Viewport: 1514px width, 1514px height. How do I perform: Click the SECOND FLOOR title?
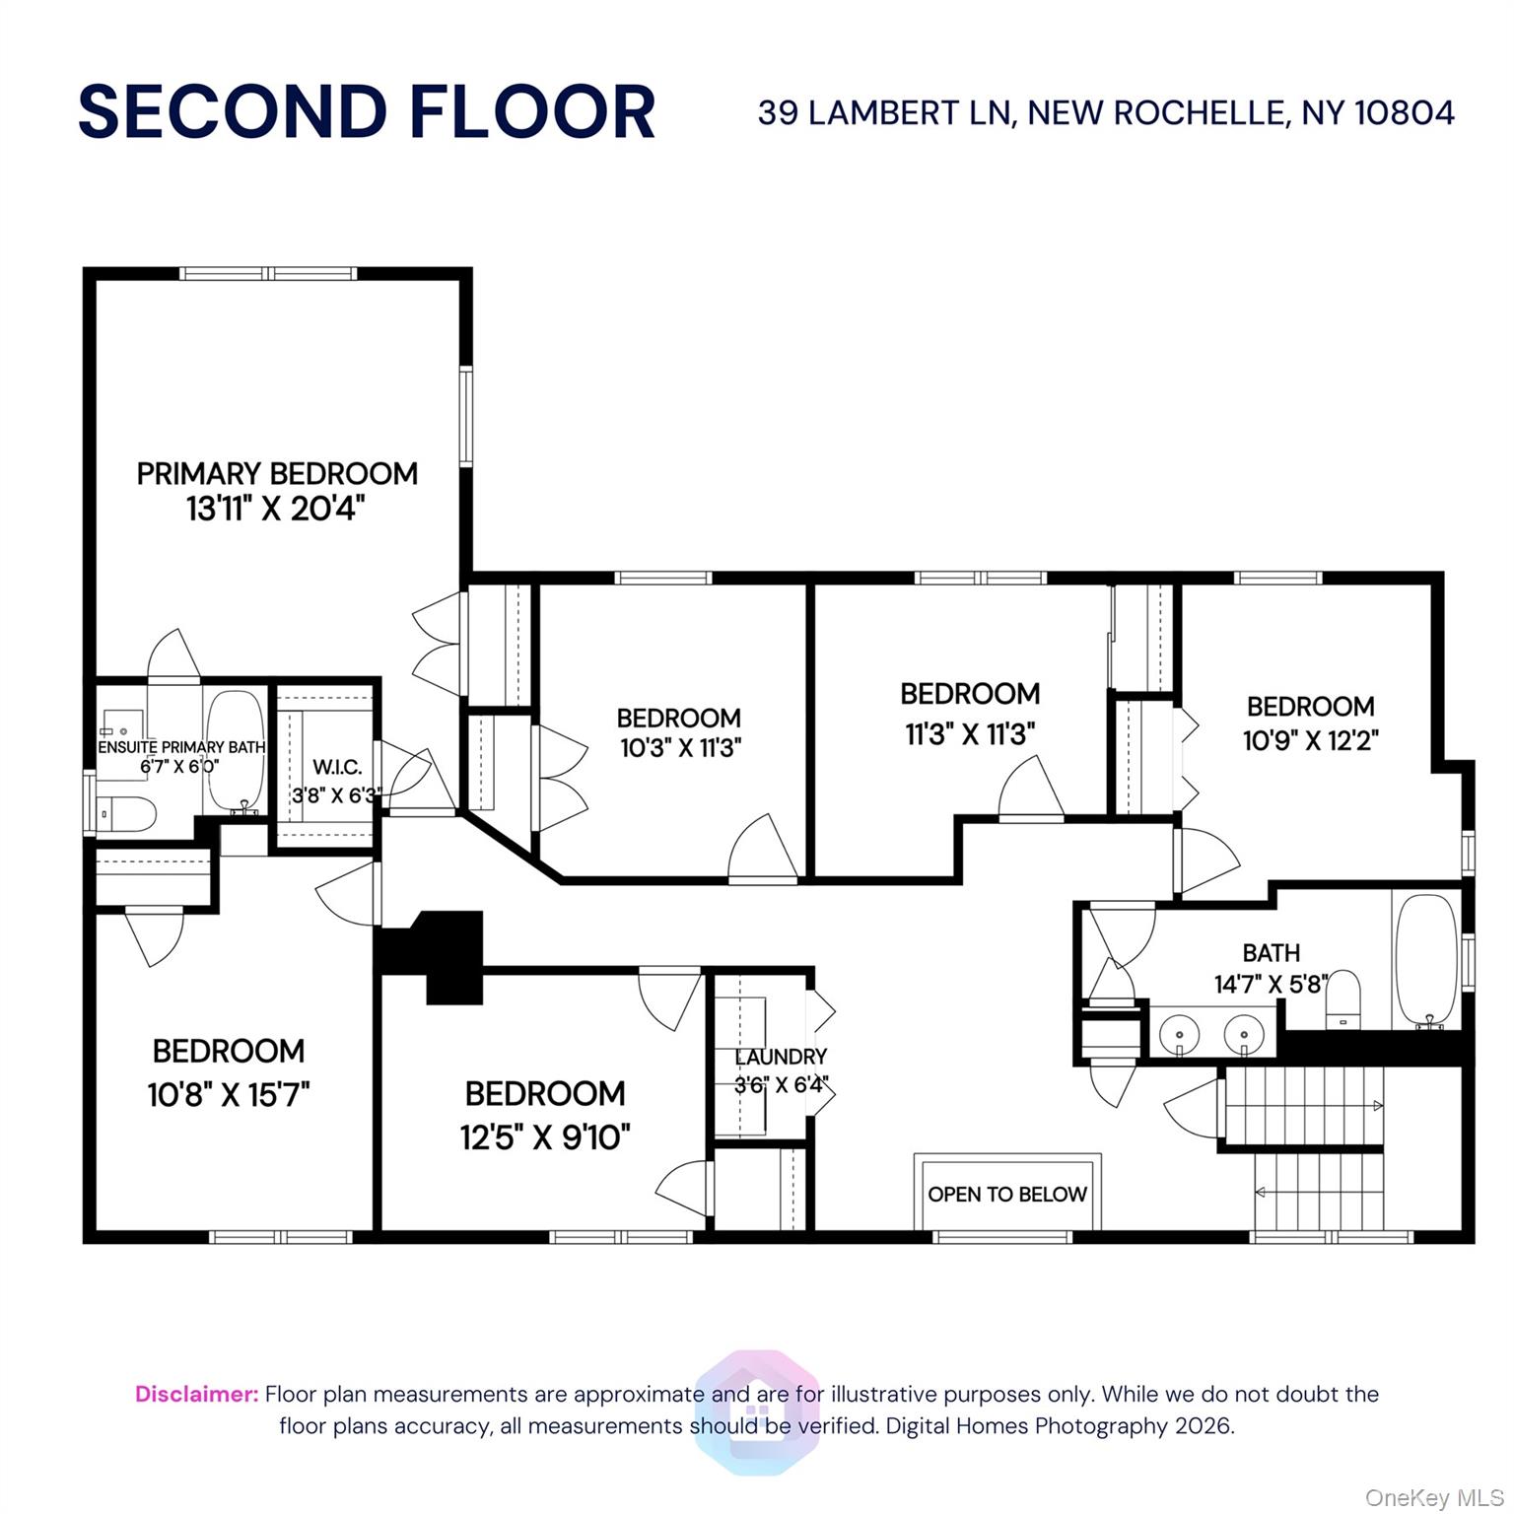coord(367,111)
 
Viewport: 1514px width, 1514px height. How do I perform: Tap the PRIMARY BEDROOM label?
coord(277,474)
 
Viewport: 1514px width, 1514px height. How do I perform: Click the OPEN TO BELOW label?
coord(1007,1195)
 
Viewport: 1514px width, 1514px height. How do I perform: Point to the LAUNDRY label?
coord(782,1057)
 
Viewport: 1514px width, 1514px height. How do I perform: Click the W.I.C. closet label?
coord(337,767)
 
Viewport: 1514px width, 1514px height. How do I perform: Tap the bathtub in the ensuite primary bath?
coord(234,752)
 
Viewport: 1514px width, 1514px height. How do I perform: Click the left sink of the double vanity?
coord(1178,1035)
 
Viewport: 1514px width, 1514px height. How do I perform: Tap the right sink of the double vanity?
coord(1244,1035)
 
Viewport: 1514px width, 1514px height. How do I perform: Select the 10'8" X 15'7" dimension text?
coord(229,1094)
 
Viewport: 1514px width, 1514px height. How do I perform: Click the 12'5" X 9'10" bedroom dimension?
coord(545,1137)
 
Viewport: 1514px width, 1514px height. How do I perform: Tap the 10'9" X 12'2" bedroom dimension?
coord(1311,739)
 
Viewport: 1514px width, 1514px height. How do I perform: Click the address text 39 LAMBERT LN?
coord(884,113)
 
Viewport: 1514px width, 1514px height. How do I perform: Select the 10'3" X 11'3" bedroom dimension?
coord(680,748)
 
